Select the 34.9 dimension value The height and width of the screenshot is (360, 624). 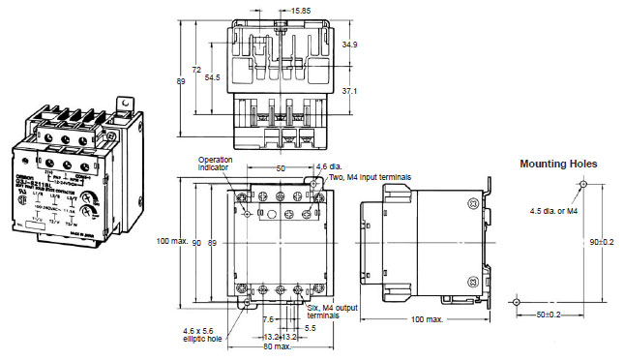[351, 45]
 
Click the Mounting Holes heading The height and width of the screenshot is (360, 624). [559, 165]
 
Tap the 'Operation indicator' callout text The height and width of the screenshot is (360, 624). [217, 164]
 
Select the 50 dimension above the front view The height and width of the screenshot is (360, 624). [281, 168]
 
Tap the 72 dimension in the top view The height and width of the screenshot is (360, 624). [196, 71]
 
